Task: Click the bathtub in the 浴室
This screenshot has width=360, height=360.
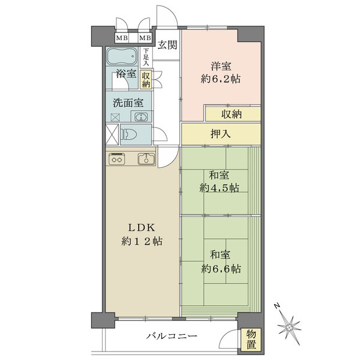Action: point(122,56)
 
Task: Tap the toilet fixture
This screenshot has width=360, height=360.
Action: point(128,134)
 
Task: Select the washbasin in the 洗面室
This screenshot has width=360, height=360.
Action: point(141,116)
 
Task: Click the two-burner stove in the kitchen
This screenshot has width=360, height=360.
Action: point(117,158)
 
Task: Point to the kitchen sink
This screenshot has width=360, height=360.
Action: point(146,158)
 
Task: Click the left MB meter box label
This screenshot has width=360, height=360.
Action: point(122,38)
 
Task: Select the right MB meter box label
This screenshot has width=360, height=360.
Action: point(145,38)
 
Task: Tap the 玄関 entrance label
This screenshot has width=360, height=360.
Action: point(167,45)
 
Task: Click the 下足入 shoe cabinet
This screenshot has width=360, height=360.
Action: point(146,57)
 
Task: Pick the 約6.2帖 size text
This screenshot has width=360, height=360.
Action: point(221,79)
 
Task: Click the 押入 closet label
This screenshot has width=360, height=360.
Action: point(221,134)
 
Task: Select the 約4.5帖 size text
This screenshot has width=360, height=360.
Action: point(219,188)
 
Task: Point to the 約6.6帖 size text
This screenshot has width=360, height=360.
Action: point(221,268)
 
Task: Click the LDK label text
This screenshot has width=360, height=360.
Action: point(142,228)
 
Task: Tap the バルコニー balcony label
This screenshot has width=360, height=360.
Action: point(172,337)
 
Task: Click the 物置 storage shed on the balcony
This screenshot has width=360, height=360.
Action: point(251,340)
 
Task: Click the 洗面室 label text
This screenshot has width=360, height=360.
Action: point(128,103)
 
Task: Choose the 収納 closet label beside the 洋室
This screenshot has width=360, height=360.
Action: point(232,114)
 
